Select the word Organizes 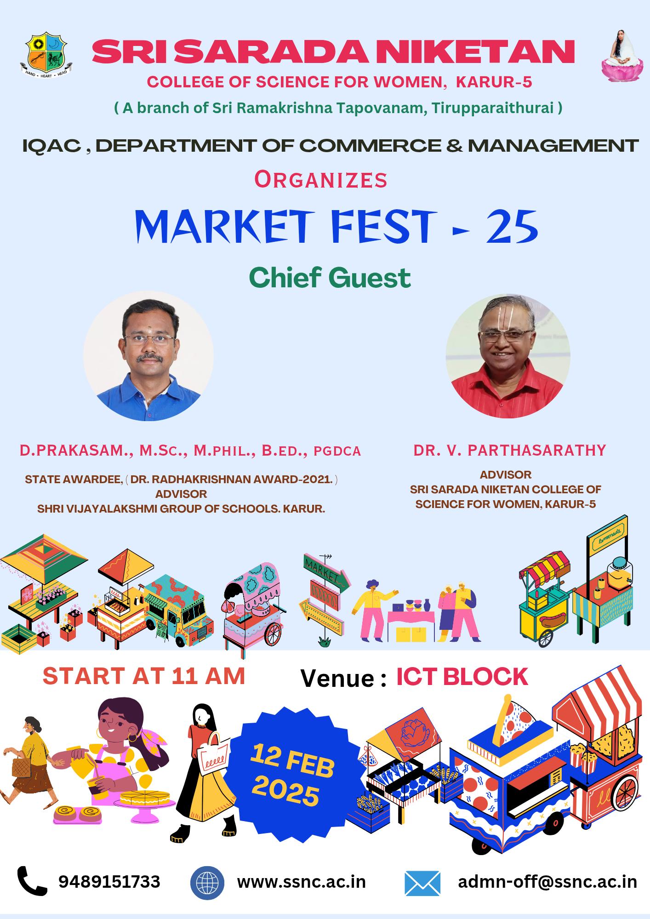click(x=321, y=180)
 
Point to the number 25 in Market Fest click(x=512, y=227)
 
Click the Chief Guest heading click(x=330, y=278)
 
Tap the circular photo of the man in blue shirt click(x=148, y=356)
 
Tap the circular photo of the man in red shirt click(x=507, y=356)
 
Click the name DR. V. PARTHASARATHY click(x=509, y=450)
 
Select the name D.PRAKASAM click(x=74, y=451)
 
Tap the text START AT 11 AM click(x=144, y=676)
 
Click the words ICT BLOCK click(x=462, y=677)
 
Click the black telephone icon click(x=32, y=881)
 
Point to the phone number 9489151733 click(x=109, y=881)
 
